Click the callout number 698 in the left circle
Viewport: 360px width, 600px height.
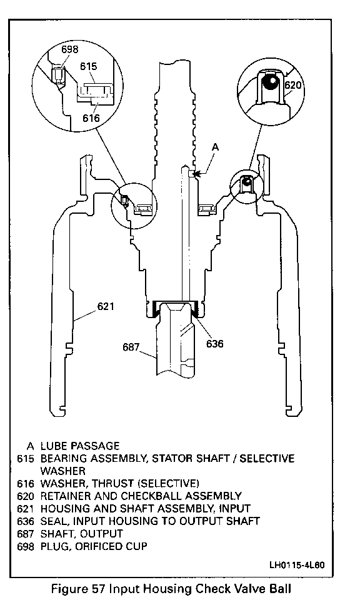[70, 49]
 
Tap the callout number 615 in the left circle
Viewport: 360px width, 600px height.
[88, 66]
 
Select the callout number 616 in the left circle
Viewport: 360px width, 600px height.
[91, 118]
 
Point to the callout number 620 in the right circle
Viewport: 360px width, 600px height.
[293, 84]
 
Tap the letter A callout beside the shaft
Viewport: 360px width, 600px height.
[216, 147]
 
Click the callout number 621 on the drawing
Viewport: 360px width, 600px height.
[106, 306]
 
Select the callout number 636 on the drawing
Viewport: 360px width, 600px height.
[214, 343]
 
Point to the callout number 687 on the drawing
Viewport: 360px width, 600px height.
[131, 347]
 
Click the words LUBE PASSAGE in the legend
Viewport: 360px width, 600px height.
[80, 446]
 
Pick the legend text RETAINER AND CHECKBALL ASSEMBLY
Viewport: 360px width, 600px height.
[141, 496]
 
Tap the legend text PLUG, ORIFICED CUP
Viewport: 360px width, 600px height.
[94, 546]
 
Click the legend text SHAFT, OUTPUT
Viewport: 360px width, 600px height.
[81, 533]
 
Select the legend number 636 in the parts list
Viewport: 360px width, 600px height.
[26, 521]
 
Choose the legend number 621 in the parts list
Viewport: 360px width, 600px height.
[26, 509]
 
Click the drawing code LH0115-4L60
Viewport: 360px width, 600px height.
[297, 565]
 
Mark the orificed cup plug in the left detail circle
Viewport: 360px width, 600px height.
[57, 74]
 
